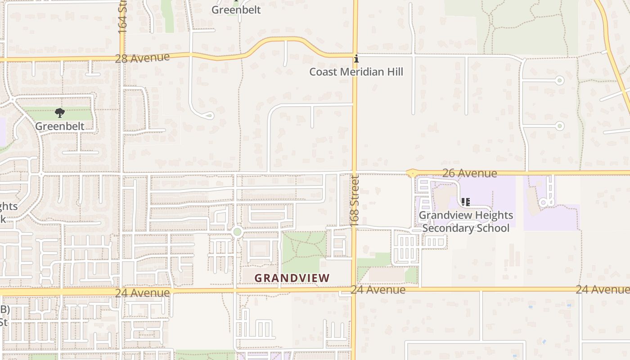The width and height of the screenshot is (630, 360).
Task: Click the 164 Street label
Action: (x=122, y=17)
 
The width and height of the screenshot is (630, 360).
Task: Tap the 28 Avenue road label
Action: (x=142, y=58)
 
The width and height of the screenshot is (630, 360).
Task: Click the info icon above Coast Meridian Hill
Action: (x=356, y=59)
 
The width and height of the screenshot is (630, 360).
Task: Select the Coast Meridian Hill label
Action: (x=356, y=72)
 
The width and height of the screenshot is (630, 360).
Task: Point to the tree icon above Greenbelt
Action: (x=60, y=113)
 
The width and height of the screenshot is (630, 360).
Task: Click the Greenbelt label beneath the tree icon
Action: (x=60, y=126)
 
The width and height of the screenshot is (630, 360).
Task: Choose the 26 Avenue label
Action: (x=469, y=173)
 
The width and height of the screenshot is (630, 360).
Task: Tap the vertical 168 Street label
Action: (x=355, y=201)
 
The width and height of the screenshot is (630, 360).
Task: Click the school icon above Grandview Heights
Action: (x=466, y=202)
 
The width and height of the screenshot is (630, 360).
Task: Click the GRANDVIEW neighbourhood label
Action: (x=292, y=278)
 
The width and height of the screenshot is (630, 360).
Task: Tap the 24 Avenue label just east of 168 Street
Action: (x=378, y=290)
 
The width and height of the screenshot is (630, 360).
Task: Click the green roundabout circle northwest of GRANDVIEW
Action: (x=238, y=232)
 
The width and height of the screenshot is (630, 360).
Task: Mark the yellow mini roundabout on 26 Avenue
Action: (x=412, y=173)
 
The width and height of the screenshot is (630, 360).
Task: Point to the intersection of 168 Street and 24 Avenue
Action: (x=354, y=290)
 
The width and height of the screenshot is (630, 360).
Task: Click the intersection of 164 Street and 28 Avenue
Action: (x=122, y=58)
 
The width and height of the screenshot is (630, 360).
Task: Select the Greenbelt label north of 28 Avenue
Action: (x=236, y=9)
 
